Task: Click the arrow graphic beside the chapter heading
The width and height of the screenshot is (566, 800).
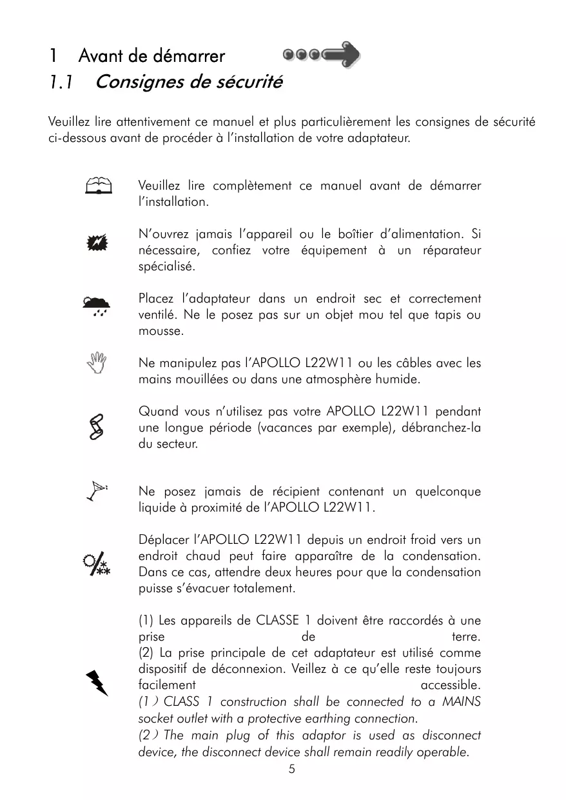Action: click(x=322, y=55)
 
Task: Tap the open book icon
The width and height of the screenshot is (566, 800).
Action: click(x=98, y=186)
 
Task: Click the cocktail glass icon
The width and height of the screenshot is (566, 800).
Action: click(x=97, y=492)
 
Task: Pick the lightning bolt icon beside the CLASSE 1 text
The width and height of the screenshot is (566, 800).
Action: click(x=97, y=683)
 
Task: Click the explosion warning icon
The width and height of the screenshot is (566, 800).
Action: click(x=97, y=243)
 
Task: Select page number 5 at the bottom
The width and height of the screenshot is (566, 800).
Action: click(x=292, y=768)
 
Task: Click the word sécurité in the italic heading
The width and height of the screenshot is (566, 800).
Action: click(x=251, y=83)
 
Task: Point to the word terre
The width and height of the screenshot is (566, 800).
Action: click(x=465, y=637)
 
